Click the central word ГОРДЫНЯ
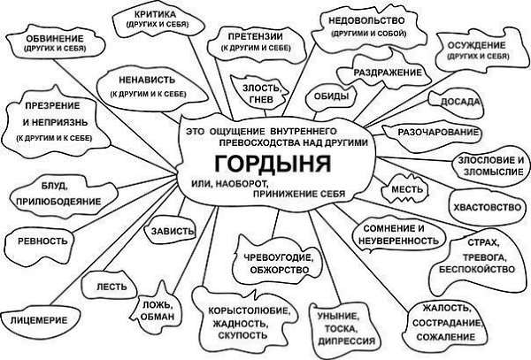click(x=273, y=164)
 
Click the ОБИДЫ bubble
click(x=332, y=97)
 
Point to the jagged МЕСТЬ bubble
click(x=404, y=189)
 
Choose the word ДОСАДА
click(x=460, y=102)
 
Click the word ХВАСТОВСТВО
click(x=488, y=207)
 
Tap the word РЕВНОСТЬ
click(x=42, y=241)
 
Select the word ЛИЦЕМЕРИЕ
click(x=39, y=320)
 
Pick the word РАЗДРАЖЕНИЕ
click(x=388, y=73)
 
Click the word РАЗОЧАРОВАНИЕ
click(x=438, y=133)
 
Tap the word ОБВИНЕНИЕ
click(x=55, y=38)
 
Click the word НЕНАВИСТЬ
click(x=147, y=80)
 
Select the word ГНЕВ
click(x=261, y=100)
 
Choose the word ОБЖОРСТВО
click(x=280, y=270)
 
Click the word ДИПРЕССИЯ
click(x=346, y=341)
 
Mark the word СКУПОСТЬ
click(x=242, y=335)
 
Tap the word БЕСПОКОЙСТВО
click(x=477, y=269)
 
